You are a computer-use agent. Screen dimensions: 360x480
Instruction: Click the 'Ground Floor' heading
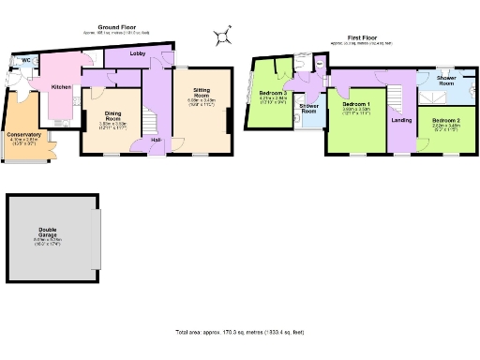pyautogui.click(x=113, y=28)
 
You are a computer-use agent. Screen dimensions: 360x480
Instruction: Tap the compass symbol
pyautogui.click(x=224, y=37)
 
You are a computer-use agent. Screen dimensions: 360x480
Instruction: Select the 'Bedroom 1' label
pyautogui.click(x=356, y=103)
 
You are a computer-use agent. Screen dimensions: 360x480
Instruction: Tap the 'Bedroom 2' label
pyautogui.click(x=445, y=122)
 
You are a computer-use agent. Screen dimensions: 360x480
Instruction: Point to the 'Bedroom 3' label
pyautogui.click(x=273, y=94)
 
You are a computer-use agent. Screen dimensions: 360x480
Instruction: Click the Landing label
pyautogui.click(x=401, y=121)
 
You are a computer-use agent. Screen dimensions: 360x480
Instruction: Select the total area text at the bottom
pyautogui.click(x=239, y=333)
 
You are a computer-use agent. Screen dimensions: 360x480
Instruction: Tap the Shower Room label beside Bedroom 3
pyautogui.click(x=308, y=108)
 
